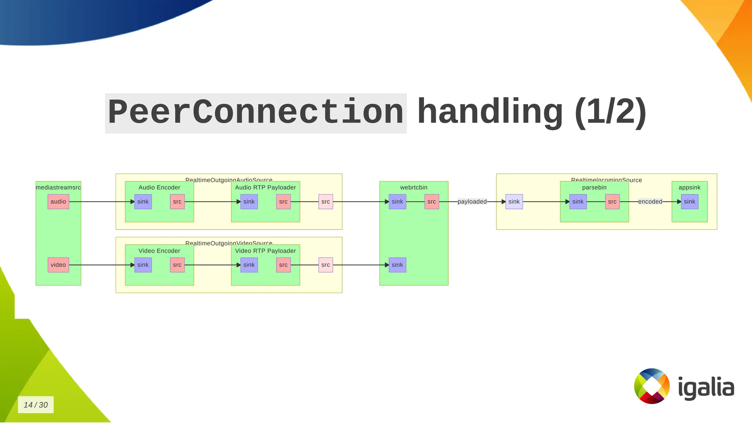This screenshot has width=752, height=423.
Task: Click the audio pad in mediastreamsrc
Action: click(58, 202)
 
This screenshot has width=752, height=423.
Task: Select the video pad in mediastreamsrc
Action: click(58, 265)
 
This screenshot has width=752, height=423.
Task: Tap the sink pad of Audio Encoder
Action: click(143, 202)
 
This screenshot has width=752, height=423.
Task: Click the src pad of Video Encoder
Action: click(177, 265)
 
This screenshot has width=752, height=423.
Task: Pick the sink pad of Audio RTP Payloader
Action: click(249, 202)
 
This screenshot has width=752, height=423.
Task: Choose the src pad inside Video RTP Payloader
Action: click(283, 265)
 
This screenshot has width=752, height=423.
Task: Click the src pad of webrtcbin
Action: click(432, 202)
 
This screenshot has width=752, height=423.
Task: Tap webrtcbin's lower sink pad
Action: click(397, 265)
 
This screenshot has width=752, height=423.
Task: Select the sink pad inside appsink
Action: click(690, 202)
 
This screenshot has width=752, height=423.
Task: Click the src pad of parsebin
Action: click(612, 202)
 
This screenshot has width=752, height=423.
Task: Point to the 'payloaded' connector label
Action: click(472, 202)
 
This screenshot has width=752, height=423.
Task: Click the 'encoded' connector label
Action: click(650, 202)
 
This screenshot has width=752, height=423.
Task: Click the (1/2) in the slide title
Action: click(610, 112)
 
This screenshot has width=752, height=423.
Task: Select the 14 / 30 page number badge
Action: click(36, 405)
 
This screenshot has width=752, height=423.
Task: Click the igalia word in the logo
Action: click(706, 387)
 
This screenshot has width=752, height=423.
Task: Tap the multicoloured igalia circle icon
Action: click(652, 386)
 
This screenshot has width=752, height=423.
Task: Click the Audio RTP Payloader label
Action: click(265, 187)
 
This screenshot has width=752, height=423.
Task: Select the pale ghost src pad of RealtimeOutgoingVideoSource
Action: click(326, 265)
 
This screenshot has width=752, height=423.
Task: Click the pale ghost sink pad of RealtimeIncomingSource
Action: click(514, 202)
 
